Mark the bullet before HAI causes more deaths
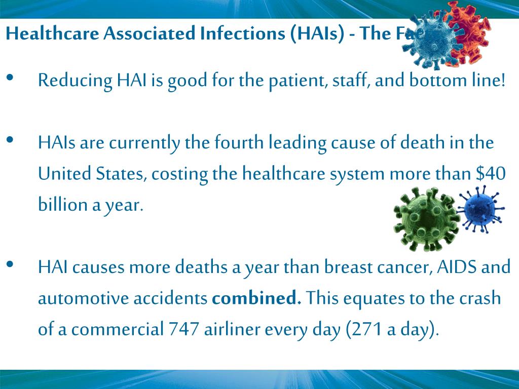tap(10, 264)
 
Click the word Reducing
tap(75, 81)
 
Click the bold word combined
tap(256, 298)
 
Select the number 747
tap(183, 330)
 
